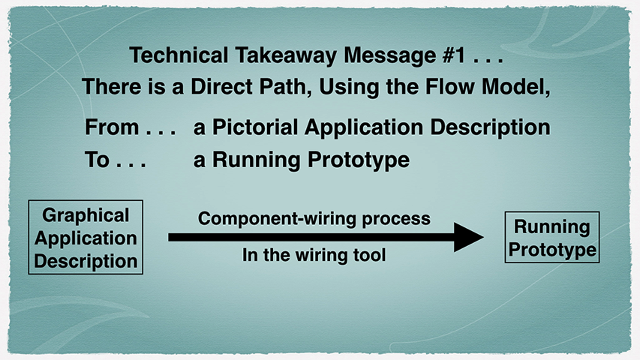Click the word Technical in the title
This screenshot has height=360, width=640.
(179, 55)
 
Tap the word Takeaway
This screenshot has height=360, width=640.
(286, 55)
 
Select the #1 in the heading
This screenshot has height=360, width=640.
(453, 55)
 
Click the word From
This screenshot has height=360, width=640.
(112, 127)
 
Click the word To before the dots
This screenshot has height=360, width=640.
(97, 159)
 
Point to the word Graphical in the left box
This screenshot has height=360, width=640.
(86, 215)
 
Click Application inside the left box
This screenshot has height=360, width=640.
(86, 238)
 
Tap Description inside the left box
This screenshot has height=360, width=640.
(86, 261)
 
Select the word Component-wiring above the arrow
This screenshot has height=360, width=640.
(277, 218)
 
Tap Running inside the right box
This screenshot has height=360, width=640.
(551, 227)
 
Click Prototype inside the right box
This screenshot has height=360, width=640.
(552, 250)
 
